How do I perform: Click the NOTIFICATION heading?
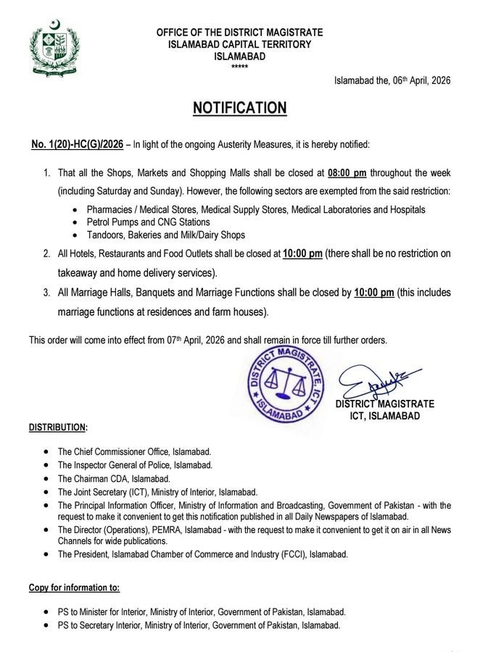coord(239,108)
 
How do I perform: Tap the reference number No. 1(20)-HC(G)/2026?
coord(75,145)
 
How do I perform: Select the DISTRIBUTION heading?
coord(58,427)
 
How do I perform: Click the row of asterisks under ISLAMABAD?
coord(239,67)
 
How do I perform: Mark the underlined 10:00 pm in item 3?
coord(374,293)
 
